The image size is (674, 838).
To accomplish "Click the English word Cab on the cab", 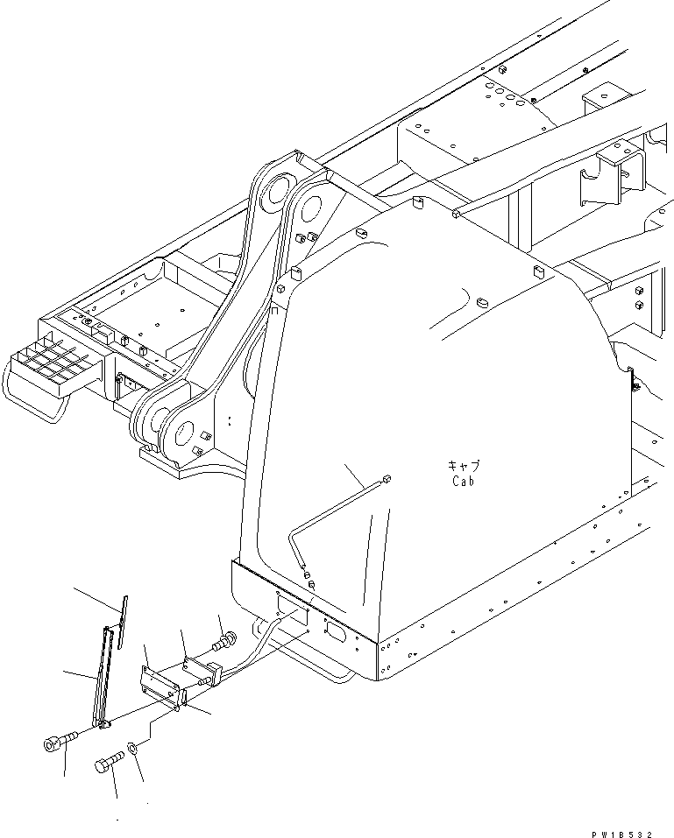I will [x=464, y=481].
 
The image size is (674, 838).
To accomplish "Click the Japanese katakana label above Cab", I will [x=464, y=467].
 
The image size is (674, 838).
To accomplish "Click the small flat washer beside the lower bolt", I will [x=131, y=748].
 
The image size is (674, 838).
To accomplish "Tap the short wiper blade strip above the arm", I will [x=124, y=621].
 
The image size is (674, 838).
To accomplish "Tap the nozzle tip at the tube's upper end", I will [x=387, y=478].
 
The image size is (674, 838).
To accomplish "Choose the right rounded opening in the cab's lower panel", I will [x=335, y=628].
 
